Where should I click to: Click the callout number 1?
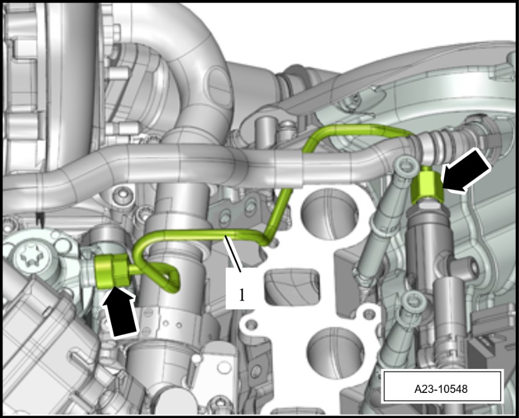(242, 295)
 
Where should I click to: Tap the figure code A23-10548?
(441, 389)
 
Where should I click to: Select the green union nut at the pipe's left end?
(111, 271)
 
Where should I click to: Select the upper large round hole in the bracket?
(329, 213)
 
